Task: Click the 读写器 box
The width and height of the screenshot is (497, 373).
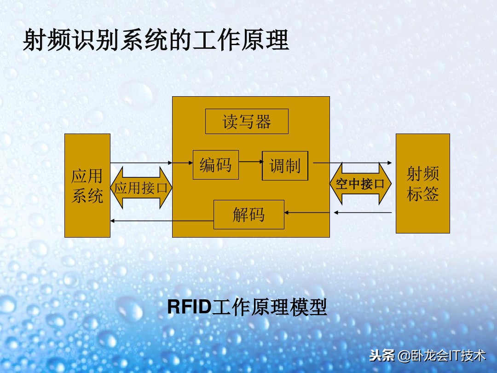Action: pos(247,121)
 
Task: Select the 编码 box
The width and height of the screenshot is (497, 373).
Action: pos(215,164)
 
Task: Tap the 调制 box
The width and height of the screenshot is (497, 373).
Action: pos(285,165)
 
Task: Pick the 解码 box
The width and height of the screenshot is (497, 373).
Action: pos(248,214)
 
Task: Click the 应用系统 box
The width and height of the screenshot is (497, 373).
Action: pos(87,185)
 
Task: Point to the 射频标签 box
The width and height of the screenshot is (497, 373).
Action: pos(422,183)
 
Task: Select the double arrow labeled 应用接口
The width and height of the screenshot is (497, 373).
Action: pos(141,188)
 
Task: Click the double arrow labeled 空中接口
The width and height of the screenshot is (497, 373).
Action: pos(360,184)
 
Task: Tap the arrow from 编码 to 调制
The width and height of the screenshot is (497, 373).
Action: pos(250,162)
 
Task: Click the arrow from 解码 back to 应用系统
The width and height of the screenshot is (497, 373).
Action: pos(161,221)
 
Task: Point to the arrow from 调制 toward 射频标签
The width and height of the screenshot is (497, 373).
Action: pos(352,163)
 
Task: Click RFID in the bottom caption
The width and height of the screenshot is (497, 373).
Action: pos(188,307)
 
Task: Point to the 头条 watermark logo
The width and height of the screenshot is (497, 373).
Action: pos(382,356)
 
